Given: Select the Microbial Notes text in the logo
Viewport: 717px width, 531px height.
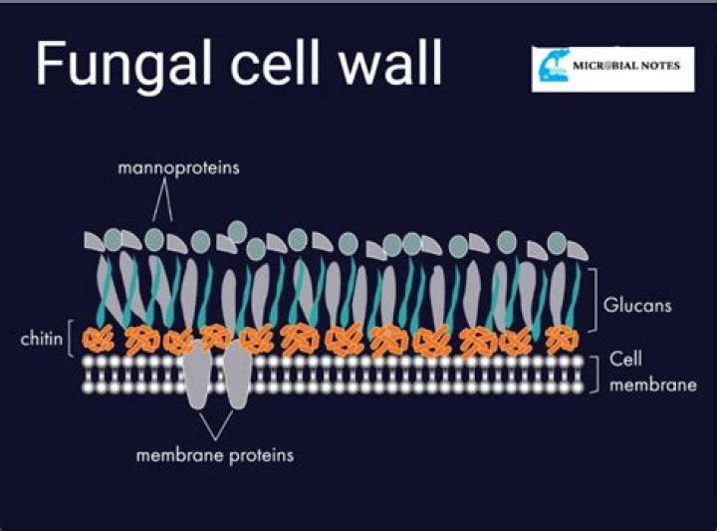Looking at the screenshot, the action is [626, 66].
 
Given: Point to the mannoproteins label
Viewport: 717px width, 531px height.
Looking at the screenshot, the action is [179, 168].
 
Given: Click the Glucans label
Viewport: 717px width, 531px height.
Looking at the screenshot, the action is [637, 305].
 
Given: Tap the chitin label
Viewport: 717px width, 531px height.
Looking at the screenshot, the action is [41, 339].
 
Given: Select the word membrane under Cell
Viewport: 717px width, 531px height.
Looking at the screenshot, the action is [653, 386].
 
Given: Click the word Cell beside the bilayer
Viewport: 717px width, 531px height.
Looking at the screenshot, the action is [625, 359].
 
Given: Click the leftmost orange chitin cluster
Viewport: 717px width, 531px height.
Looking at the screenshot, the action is [98, 340].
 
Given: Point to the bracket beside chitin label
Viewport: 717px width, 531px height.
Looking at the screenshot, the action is [69, 339].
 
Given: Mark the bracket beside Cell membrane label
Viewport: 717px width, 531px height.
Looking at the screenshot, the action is [597, 375].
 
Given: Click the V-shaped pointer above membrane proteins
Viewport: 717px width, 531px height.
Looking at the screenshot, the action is [216, 425].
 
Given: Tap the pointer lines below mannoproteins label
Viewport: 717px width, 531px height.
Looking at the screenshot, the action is [162, 200].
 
